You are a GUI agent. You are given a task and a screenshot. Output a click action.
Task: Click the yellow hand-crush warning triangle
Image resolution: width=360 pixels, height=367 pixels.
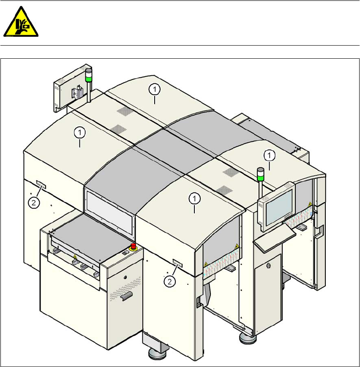(21, 23)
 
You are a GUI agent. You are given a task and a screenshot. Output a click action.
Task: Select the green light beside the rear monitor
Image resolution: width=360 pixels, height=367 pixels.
(89, 76)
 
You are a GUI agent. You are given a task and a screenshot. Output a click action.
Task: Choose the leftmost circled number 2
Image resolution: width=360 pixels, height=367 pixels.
(35, 202)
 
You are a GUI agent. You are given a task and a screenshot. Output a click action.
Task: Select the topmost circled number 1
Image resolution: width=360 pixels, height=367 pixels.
(155, 89)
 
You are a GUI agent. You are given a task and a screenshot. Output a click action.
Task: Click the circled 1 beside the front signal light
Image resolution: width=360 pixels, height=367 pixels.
(269, 155)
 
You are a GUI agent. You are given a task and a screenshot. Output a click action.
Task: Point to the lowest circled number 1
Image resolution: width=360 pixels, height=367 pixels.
(194, 198)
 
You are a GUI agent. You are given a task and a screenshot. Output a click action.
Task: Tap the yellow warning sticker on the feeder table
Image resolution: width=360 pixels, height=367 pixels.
(75, 256)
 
